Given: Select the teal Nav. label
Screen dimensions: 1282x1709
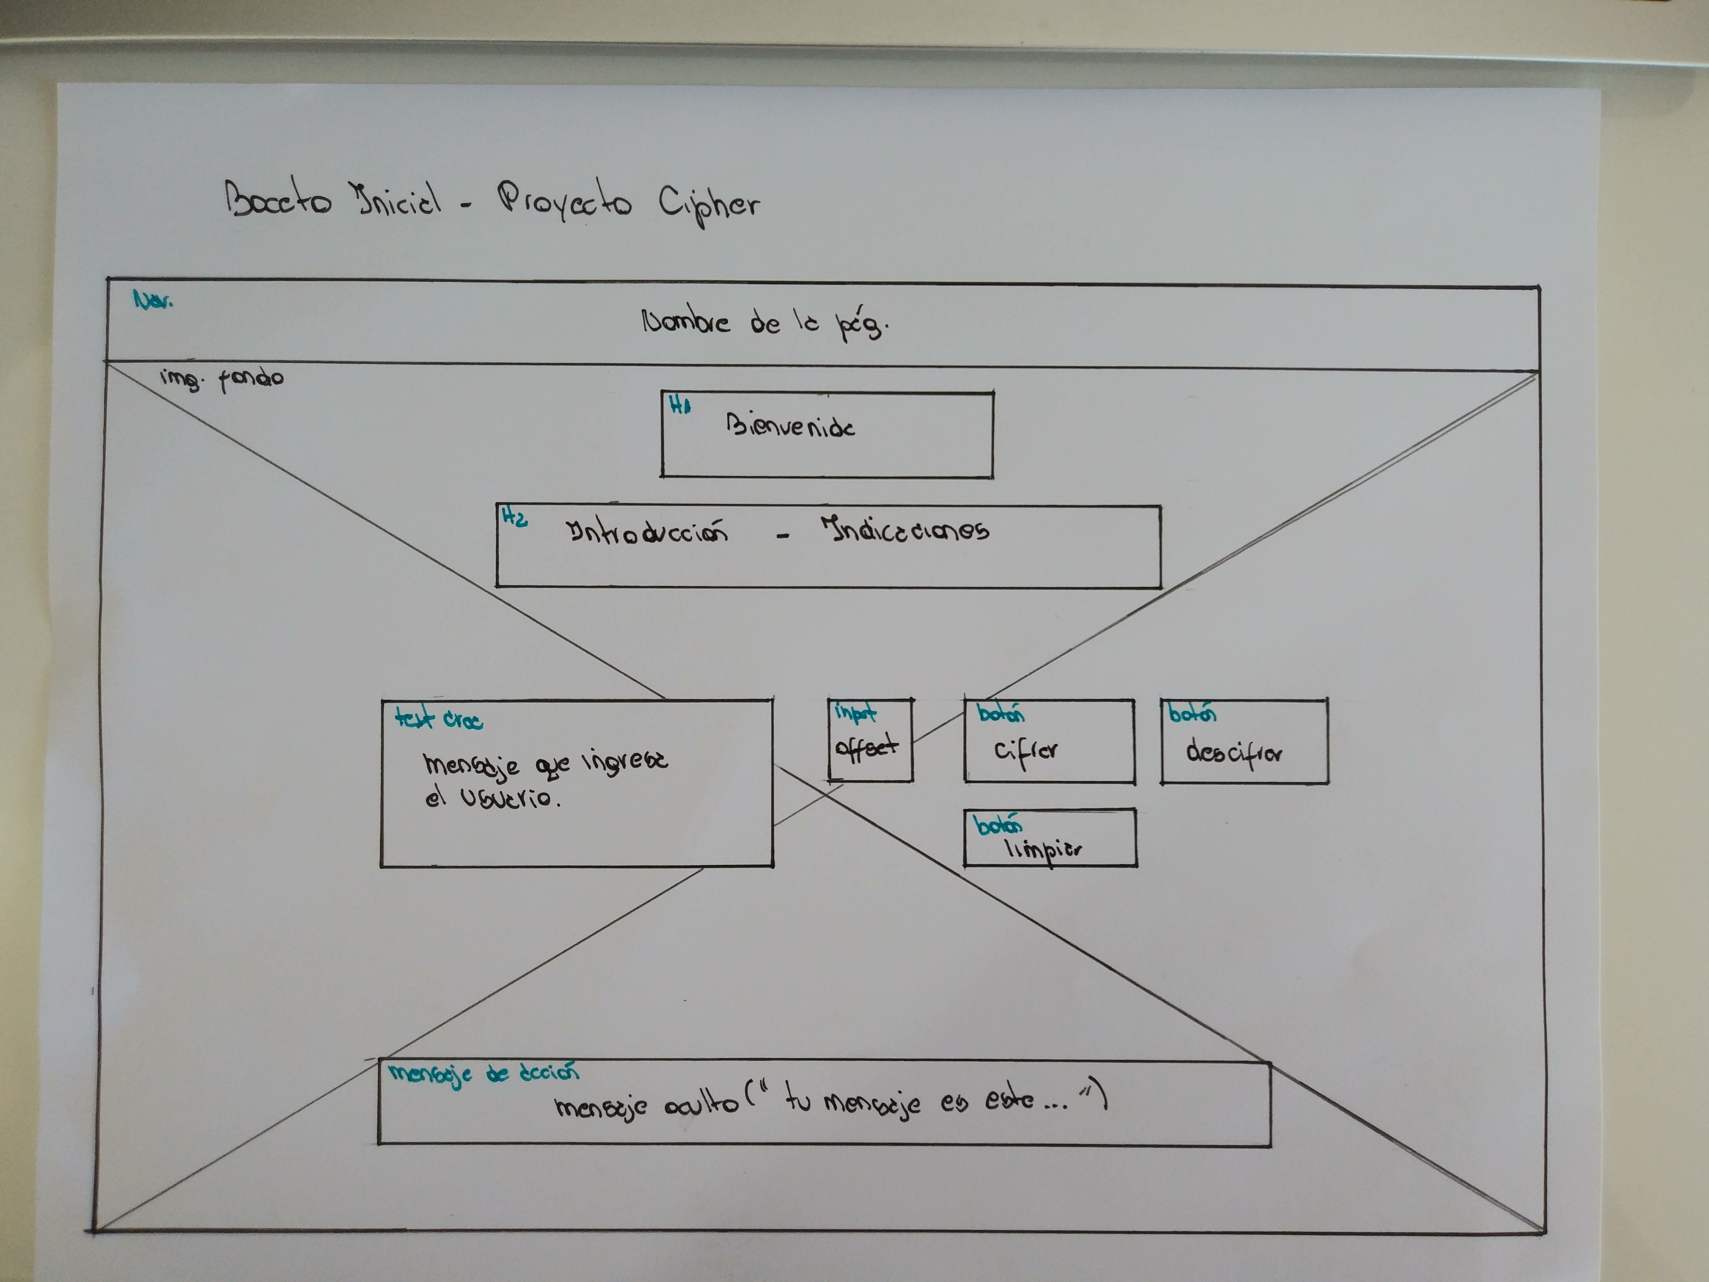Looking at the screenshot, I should [153, 300].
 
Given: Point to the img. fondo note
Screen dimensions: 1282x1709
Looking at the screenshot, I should [222, 379].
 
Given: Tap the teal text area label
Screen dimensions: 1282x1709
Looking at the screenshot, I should [438, 719].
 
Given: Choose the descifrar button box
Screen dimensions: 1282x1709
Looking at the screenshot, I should [1244, 742].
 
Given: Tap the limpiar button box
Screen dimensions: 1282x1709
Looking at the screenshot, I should [1049, 838].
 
